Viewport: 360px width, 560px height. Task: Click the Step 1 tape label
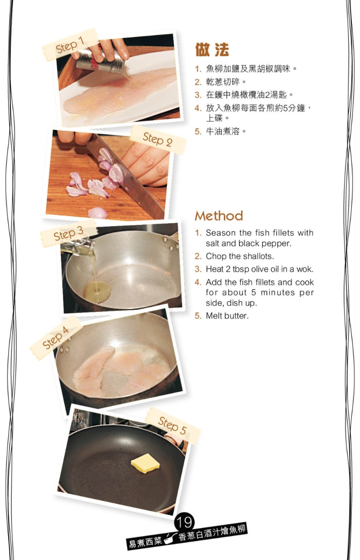coord(70,45)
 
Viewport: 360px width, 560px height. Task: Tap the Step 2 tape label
coord(158,139)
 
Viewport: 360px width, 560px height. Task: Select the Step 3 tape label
coord(68,233)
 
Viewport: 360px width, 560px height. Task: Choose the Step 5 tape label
coord(173,426)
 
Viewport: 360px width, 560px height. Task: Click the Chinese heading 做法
coord(212,49)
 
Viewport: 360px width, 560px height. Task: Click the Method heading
coord(219,216)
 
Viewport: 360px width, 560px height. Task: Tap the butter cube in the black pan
coord(145,463)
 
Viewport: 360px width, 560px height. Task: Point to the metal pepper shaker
coord(100,61)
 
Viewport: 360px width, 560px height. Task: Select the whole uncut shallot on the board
coord(98,213)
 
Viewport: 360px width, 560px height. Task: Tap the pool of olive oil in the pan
coord(97,291)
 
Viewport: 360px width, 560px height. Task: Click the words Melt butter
coord(227,316)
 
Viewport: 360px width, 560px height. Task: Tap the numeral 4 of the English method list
coord(198,282)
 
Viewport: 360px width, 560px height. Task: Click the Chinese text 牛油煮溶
coord(223,131)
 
